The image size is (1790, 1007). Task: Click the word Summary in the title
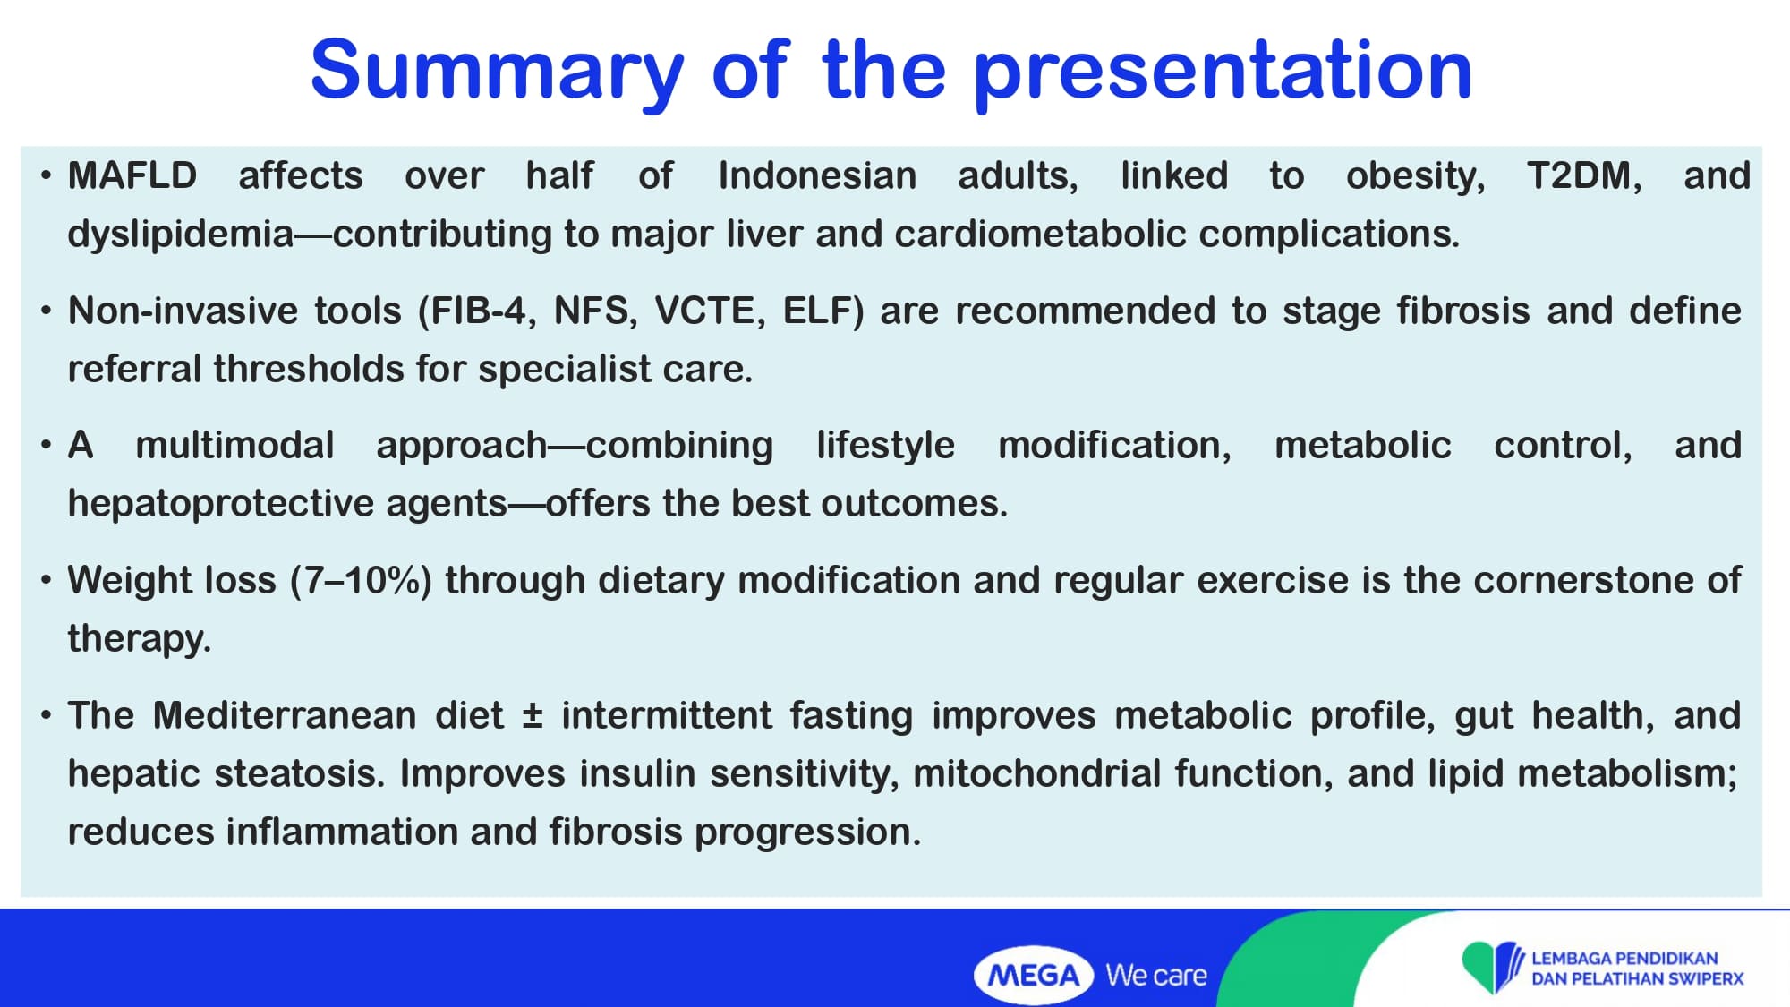pos(498,72)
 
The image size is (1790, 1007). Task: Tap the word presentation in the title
pos(1223,72)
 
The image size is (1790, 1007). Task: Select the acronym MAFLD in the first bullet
pos(132,175)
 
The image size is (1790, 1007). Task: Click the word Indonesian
pos(817,175)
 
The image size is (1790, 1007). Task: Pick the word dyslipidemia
pos(181,235)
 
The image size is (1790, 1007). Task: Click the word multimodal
pos(234,445)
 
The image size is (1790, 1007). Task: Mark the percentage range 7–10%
pos(362,580)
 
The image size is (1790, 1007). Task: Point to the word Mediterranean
pos(285,715)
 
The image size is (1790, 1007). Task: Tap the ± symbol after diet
pos(533,716)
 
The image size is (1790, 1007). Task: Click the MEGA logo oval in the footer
pos(1034,975)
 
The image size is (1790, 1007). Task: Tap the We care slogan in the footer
pos(1156,975)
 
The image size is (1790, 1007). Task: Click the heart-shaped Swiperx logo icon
pos(1492,967)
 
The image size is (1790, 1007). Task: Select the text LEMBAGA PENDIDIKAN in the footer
pos(1624,958)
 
